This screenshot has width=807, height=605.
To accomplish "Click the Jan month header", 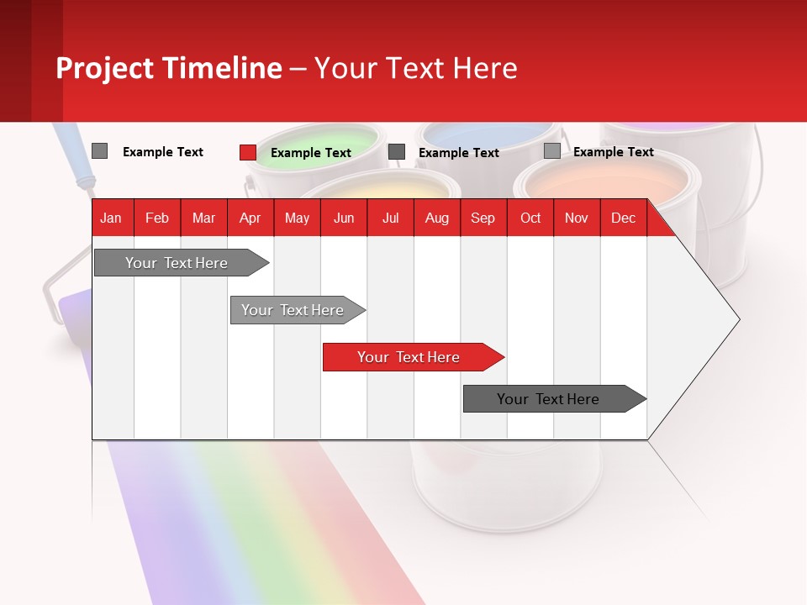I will pos(111,218).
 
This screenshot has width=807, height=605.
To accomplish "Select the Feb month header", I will pos(157,218).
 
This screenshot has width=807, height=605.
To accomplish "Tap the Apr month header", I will pos(250,218).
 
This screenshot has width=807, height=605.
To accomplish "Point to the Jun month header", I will pos(344,218).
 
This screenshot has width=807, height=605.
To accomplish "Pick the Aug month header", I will pos(436,218).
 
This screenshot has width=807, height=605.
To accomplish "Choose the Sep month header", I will pos(483,218).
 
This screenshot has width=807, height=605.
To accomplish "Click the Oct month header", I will pos(530,218).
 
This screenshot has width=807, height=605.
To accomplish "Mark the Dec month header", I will pos(623,218).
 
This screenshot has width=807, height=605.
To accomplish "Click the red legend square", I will pos(248,152).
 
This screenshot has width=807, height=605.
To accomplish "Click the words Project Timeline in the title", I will pos(168,68).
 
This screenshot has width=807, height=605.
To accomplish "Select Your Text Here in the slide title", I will pos(416,68).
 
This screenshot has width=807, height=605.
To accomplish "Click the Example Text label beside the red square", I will pos(311,153).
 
